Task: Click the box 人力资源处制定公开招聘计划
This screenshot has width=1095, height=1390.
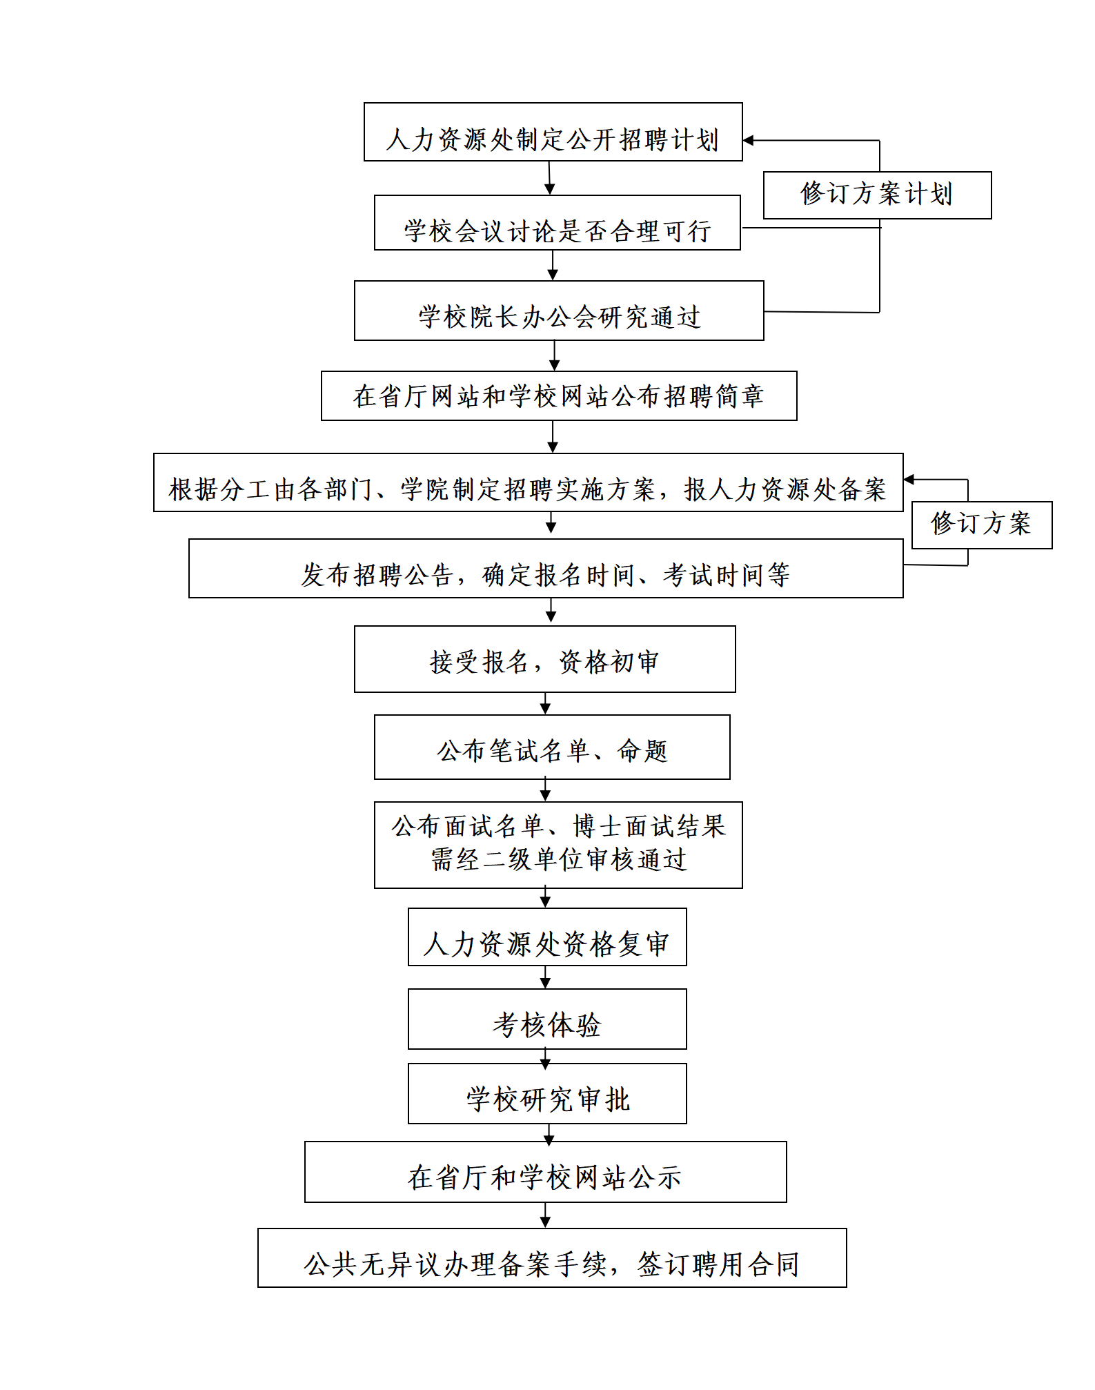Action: tap(553, 132)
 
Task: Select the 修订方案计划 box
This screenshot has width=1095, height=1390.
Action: tap(877, 195)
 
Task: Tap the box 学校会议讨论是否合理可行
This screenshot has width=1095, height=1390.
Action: tap(557, 222)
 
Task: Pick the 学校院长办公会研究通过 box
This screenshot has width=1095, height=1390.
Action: tap(559, 311)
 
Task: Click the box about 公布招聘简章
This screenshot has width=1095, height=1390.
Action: tap(559, 395)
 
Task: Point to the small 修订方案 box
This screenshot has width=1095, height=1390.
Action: tap(982, 525)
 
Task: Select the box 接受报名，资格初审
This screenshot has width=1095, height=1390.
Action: tap(544, 659)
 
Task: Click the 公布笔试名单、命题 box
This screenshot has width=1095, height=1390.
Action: tap(552, 747)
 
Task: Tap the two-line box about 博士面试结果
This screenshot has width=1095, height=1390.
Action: tap(558, 845)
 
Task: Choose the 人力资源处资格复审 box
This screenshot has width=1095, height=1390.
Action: tap(547, 937)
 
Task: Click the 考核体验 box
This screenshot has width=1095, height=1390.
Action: tap(547, 1019)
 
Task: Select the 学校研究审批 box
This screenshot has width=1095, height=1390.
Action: tap(547, 1093)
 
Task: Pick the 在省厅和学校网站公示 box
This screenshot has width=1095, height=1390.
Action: tap(545, 1172)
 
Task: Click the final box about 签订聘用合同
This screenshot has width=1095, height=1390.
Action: tap(552, 1257)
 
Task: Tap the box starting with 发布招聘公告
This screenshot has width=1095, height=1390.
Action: tap(546, 568)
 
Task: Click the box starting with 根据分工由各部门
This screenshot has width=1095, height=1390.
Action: tap(528, 482)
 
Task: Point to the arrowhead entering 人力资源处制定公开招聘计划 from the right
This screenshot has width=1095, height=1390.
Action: tap(748, 140)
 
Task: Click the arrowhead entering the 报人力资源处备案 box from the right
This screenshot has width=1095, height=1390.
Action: tap(909, 479)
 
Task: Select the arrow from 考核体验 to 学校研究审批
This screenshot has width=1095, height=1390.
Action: tap(545, 1057)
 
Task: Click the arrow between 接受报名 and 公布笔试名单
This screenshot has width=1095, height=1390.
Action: tap(545, 704)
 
